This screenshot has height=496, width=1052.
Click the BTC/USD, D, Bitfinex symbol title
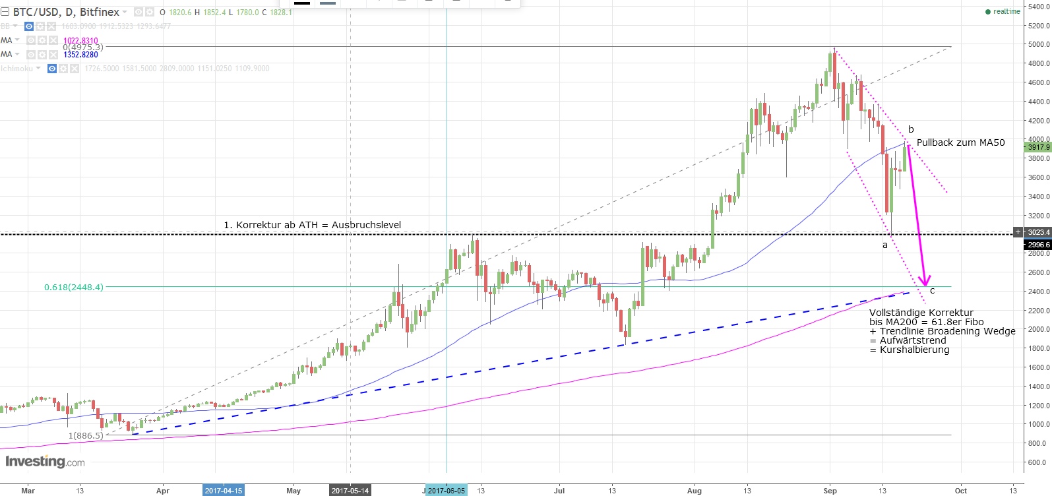pyautogui.click(x=66, y=12)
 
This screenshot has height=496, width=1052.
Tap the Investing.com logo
pyautogui.click(x=45, y=461)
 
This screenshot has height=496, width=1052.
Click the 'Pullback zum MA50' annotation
pyautogui.click(x=960, y=142)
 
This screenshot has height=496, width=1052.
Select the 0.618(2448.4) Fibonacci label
pyautogui.click(x=74, y=287)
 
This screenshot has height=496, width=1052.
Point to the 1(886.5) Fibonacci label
pyautogui.click(x=86, y=436)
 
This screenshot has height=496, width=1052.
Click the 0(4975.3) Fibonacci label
pyautogui.click(x=83, y=47)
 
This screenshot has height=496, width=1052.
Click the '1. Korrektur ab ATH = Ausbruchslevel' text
pyautogui.click(x=312, y=225)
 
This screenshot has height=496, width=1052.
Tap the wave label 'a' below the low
pyautogui.click(x=885, y=245)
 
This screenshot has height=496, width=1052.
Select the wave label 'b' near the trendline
pyautogui.click(x=911, y=129)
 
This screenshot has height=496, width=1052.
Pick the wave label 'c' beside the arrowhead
pyautogui.click(x=932, y=291)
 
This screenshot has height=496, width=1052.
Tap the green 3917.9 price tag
pyautogui.click(x=1037, y=147)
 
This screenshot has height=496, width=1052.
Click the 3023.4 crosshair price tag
pyautogui.click(x=1038, y=232)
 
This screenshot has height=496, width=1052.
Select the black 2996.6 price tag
pyautogui.click(x=1038, y=244)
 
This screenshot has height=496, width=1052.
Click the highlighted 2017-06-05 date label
pyautogui.click(x=446, y=491)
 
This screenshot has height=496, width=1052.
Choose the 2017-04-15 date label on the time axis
pyautogui.click(x=223, y=491)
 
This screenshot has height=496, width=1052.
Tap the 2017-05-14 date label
pyautogui.click(x=350, y=491)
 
